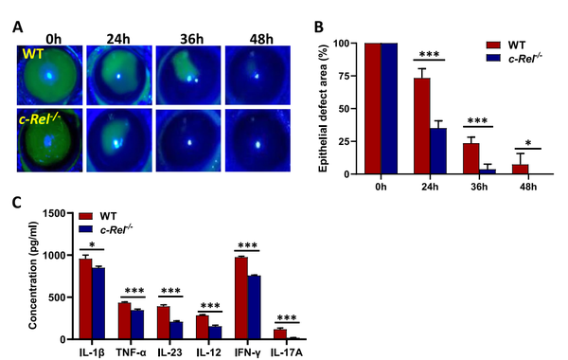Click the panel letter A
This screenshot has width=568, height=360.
pos(19,27)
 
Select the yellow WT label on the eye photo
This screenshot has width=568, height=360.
pos(31,46)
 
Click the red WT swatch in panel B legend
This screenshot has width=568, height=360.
pos(493,44)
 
